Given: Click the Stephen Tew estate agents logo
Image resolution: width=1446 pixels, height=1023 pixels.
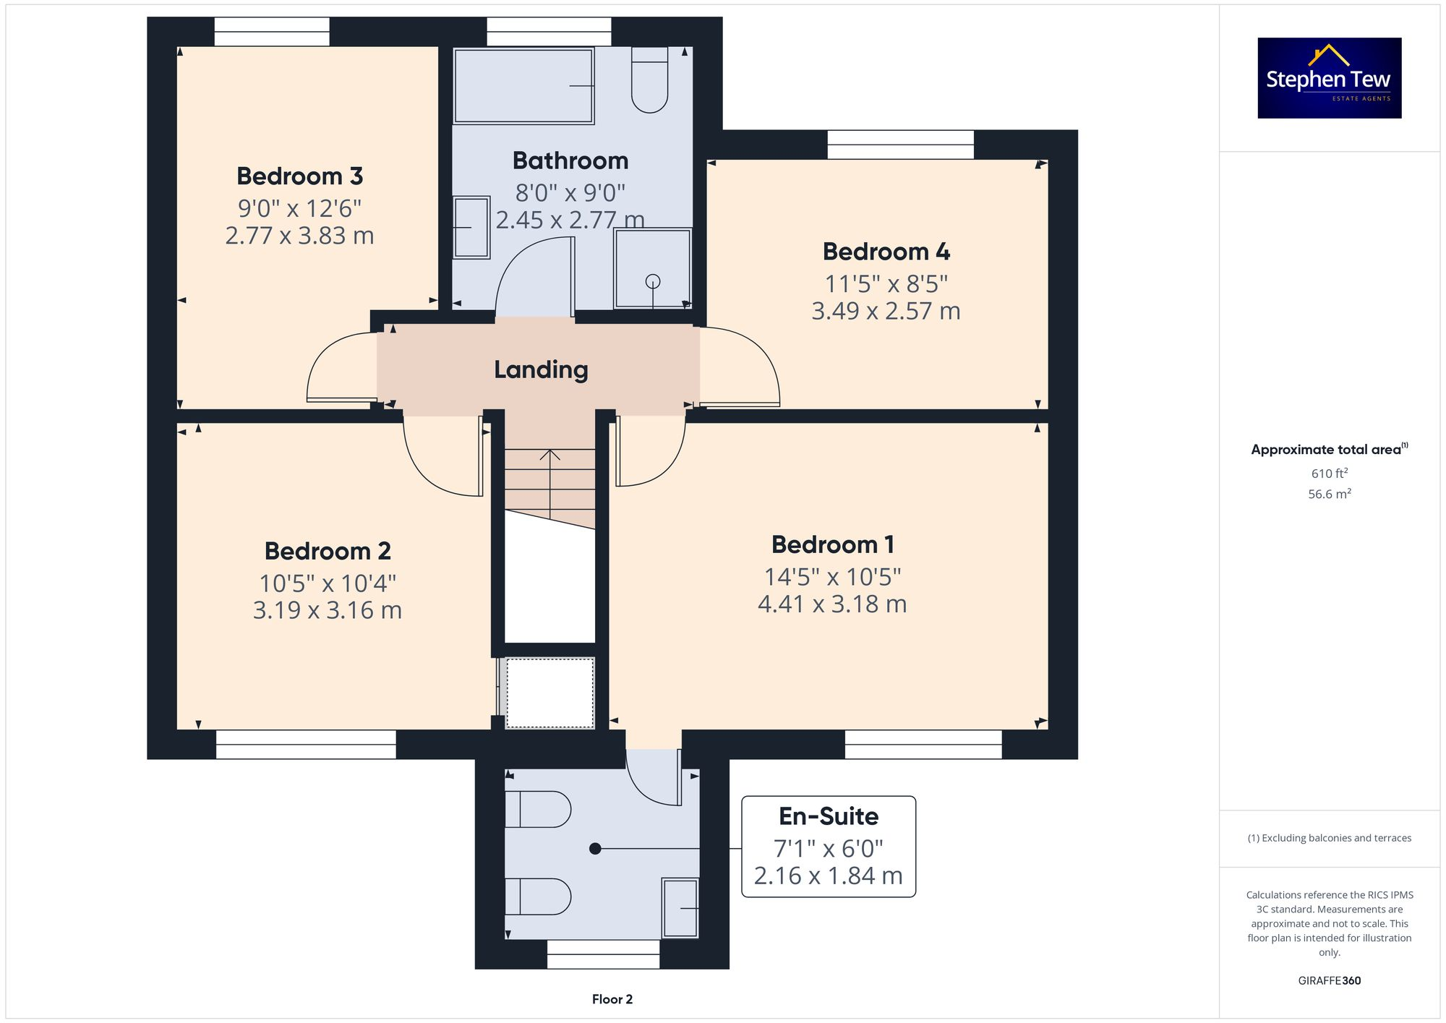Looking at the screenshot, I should click(1329, 78).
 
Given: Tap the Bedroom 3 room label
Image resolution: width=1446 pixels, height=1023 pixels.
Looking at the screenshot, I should click(299, 176).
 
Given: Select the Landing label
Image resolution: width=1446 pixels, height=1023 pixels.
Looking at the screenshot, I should click(541, 369).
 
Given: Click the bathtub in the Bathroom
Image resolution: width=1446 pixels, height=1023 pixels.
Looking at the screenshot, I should click(523, 86).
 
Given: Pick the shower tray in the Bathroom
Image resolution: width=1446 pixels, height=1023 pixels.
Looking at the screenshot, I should click(652, 268).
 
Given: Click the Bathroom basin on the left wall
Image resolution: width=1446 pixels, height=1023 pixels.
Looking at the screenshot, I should click(471, 228).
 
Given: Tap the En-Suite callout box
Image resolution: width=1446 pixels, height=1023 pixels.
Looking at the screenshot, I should click(829, 847).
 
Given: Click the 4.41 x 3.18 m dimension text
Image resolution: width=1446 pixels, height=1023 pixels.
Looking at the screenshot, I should click(832, 604).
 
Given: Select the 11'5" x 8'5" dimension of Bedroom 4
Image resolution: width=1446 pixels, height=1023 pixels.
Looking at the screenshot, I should click(886, 284).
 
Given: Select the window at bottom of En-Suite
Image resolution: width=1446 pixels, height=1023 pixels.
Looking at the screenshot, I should click(603, 954).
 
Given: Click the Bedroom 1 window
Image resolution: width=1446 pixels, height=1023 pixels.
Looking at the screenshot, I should click(923, 744).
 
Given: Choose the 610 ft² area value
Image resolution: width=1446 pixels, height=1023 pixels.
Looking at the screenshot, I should click(1329, 474).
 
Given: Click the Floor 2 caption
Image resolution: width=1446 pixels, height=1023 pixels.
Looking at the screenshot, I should click(612, 999).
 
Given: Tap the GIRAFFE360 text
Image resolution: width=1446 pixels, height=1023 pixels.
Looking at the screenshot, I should click(1329, 980).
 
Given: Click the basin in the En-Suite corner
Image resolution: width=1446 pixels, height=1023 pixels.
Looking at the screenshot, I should click(680, 907).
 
